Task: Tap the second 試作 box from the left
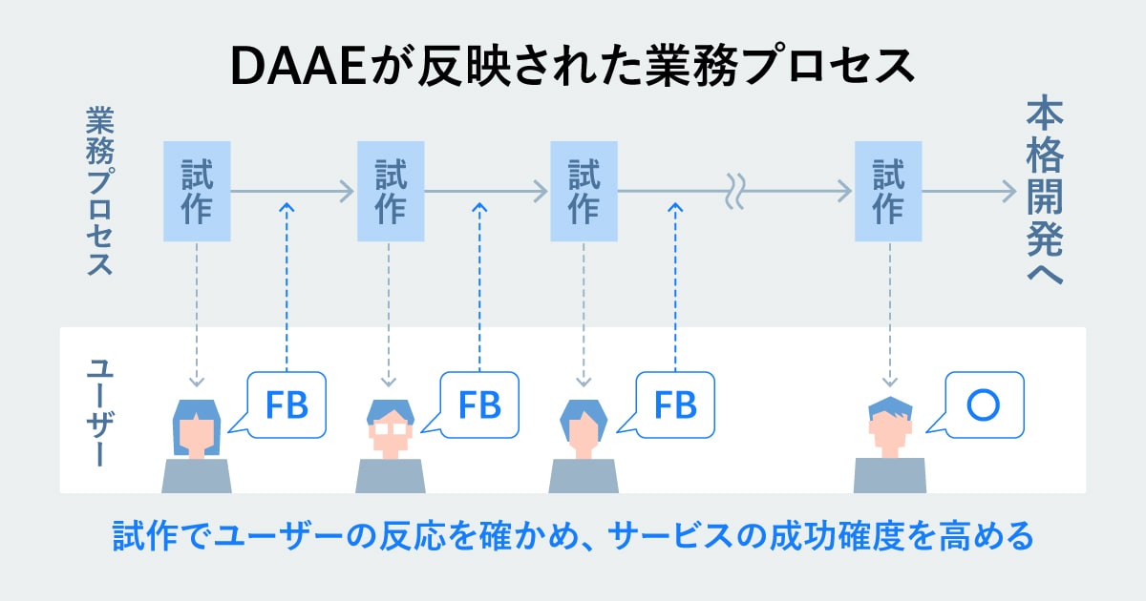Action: pyautogui.click(x=390, y=192)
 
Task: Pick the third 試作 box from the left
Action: pyautogui.click(x=584, y=192)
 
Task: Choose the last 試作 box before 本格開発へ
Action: pyautogui.click(x=889, y=192)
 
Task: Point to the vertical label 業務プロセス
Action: pyautogui.click(x=99, y=191)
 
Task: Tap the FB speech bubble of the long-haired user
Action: pyautogui.click(x=286, y=404)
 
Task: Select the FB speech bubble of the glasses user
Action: pyautogui.click(x=479, y=404)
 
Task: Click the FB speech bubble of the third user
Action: pyautogui.click(x=674, y=404)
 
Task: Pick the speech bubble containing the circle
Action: pyautogui.click(x=983, y=404)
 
